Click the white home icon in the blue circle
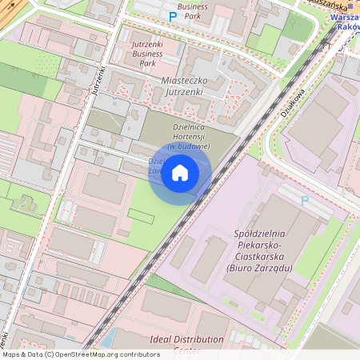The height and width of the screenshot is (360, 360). click(180, 173)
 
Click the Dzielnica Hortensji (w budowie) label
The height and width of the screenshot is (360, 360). click(190, 136)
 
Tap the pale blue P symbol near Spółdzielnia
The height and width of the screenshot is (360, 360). click(303, 200)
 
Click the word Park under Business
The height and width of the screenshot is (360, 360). click(193, 15)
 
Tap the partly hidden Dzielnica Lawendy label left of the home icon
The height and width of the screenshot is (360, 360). click(158, 165)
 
